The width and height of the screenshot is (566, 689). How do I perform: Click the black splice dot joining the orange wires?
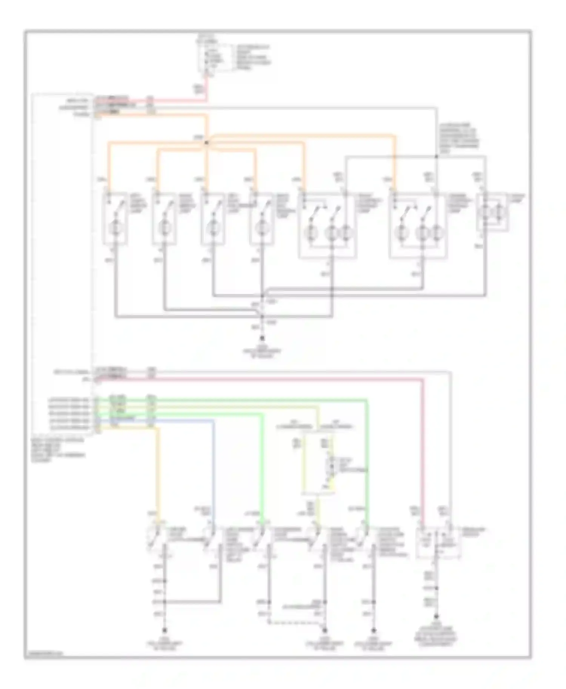206,142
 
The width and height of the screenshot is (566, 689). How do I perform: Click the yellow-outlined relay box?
318,464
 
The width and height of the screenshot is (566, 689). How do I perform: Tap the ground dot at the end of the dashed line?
325,630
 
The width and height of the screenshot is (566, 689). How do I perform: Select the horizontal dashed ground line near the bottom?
296,623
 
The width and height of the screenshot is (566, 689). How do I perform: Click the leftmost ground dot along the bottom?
165,630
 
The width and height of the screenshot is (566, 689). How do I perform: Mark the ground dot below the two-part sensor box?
437,617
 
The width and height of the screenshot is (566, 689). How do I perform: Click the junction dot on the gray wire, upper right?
436,156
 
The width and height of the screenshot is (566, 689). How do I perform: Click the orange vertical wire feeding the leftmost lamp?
109,166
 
